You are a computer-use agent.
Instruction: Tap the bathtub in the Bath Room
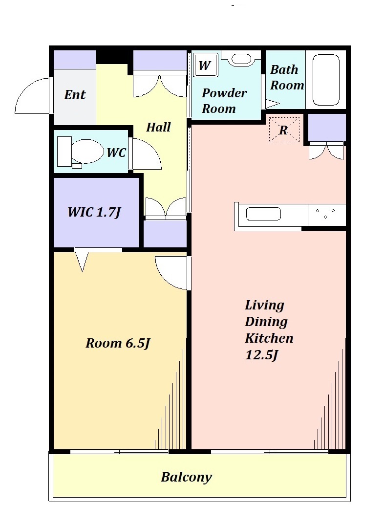[326, 80]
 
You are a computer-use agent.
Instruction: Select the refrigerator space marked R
[284, 130]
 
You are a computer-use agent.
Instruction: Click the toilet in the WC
[81, 152]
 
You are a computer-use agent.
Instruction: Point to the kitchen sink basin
[263, 214]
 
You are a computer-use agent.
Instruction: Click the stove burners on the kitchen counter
[325, 214]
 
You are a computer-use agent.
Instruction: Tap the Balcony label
[187, 477]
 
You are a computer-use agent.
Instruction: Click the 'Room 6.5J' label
[118, 343]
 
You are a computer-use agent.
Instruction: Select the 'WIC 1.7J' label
[94, 212]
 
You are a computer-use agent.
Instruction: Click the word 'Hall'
[158, 127]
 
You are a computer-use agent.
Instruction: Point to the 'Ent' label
[75, 95]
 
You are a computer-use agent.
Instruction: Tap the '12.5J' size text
[261, 355]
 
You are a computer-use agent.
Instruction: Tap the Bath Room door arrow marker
[272, 104]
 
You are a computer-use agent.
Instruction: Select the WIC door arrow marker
[82, 261]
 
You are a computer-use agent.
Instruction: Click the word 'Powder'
[224, 93]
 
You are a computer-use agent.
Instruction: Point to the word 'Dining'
[266, 322]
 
